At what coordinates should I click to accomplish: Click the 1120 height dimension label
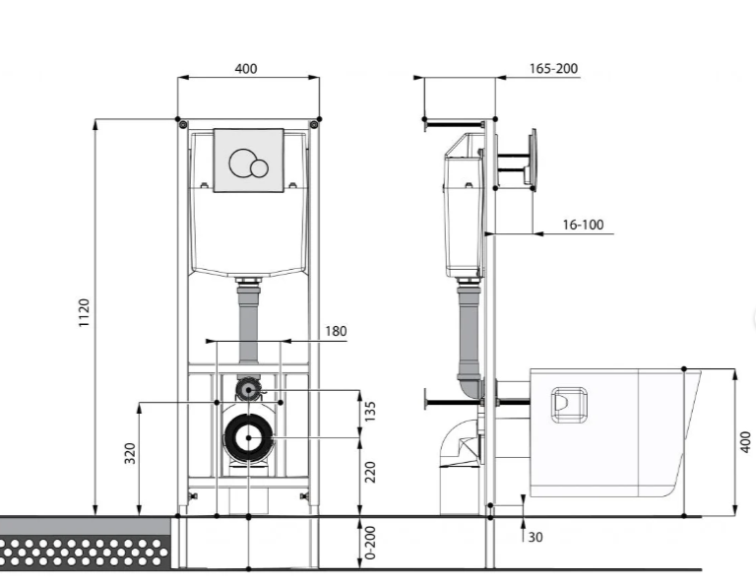[84, 313]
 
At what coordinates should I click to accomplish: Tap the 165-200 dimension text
[553, 69]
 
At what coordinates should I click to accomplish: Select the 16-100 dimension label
[583, 225]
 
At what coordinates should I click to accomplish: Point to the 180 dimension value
[336, 331]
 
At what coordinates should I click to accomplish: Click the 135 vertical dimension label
[370, 412]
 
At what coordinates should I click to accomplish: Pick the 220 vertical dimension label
[370, 472]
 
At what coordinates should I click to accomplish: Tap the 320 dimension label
[130, 453]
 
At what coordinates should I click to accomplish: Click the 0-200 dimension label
[370, 543]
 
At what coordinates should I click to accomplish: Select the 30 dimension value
[535, 537]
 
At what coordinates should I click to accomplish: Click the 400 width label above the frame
[246, 69]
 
